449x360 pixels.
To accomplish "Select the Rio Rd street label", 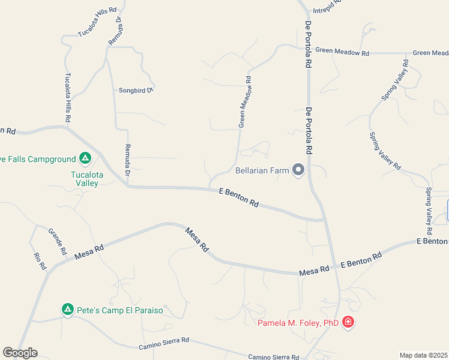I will [39, 261].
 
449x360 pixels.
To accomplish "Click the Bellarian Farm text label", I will [263, 171].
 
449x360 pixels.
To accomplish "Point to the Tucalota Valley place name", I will [85, 179].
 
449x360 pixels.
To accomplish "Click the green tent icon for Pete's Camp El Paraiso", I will [68, 310].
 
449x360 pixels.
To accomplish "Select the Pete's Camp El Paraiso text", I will [119, 310].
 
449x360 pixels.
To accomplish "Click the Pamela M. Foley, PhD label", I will [298, 323].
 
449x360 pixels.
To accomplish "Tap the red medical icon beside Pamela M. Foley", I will [348, 323].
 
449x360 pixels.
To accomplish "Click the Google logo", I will [20, 353].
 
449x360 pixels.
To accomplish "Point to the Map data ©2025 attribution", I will [423, 355].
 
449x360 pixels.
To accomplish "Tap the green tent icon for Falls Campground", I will [85, 158].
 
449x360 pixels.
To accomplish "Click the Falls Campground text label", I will [37, 159].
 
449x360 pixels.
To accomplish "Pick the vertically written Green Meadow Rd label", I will [244, 101].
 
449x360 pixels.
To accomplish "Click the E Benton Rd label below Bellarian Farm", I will [238, 197].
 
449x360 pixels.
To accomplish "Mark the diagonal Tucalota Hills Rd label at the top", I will [97, 23].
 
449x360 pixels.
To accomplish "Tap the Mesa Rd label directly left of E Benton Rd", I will [314, 271].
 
